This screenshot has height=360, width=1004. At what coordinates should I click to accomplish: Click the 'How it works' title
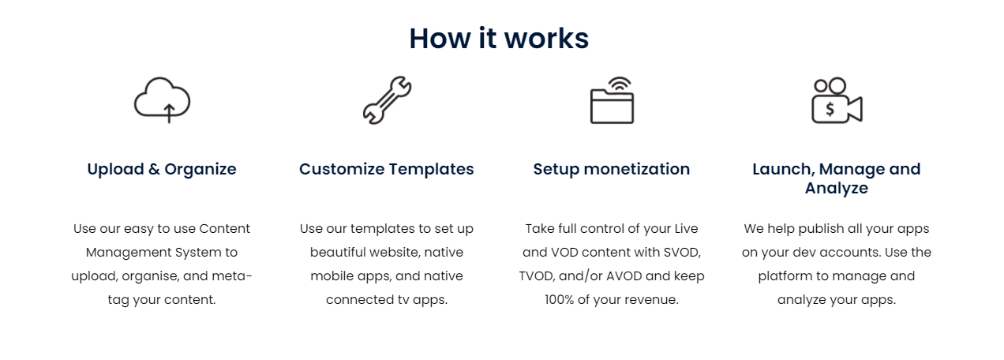[x=499, y=39]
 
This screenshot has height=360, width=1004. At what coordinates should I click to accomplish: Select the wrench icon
[x=388, y=100]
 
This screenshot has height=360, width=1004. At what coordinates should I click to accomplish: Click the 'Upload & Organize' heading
[x=162, y=170]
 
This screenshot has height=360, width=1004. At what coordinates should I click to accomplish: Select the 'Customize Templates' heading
[x=386, y=170]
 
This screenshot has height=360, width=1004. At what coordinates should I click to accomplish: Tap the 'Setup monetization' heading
[x=612, y=170]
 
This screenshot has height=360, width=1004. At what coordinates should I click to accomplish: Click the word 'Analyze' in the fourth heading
[x=837, y=189]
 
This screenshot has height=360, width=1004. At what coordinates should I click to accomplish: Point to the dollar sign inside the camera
[x=830, y=109]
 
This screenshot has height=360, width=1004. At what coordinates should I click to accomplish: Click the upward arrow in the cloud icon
[x=169, y=113]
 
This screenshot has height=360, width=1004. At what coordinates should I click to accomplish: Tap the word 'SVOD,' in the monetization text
[x=682, y=253]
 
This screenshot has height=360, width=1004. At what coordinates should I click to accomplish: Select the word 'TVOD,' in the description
[x=537, y=276]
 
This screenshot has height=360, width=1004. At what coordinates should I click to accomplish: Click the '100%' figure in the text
[x=559, y=300]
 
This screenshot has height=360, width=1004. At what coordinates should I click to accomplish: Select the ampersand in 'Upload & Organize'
[x=154, y=170]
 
